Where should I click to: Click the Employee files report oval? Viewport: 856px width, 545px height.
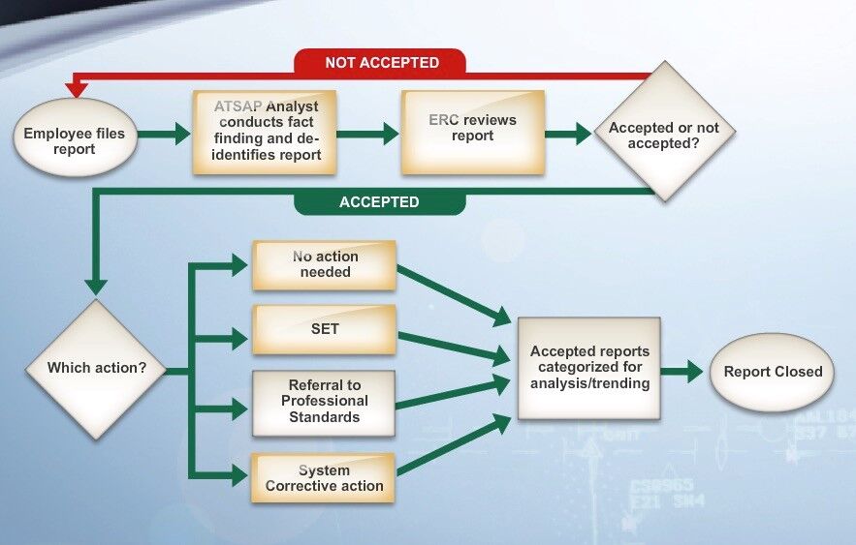click(74, 141)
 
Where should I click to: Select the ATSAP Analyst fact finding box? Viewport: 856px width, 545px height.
click(265, 132)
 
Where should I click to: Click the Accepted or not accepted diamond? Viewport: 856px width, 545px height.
click(663, 134)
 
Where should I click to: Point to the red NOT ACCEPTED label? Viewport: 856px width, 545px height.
click(382, 63)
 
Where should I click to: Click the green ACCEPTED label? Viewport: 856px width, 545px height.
click(379, 202)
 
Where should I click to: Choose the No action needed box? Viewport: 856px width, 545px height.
click(325, 264)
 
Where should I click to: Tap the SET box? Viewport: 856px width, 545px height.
click(325, 329)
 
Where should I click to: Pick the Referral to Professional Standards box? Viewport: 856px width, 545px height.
click(325, 402)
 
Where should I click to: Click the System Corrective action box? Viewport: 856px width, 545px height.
click(325, 478)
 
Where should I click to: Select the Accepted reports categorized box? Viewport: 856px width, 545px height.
click(588, 368)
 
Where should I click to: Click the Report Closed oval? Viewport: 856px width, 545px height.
click(772, 372)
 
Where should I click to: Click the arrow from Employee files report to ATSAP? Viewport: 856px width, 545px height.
click(164, 134)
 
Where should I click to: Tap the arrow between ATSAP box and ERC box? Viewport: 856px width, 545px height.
click(368, 134)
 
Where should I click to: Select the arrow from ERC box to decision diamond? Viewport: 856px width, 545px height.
click(568, 134)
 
